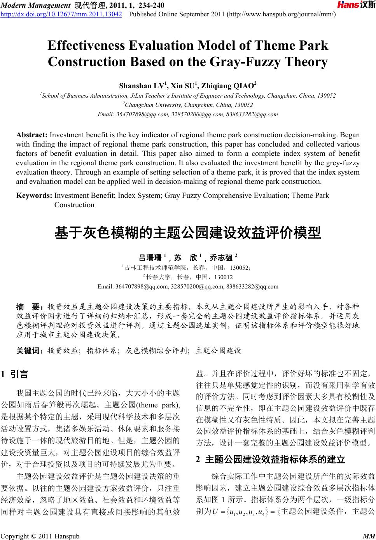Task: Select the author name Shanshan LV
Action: tap(143, 86)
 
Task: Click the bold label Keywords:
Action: tap(34, 196)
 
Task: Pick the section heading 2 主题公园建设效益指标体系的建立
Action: tap(271, 460)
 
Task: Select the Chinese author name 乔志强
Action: tap(221, 258)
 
